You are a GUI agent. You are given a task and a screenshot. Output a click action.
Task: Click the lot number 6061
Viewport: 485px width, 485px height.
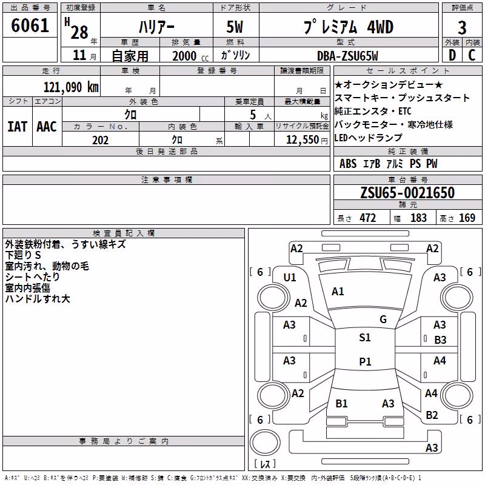[30, 25]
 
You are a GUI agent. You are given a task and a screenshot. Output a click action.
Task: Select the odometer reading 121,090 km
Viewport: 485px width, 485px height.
[71, 87]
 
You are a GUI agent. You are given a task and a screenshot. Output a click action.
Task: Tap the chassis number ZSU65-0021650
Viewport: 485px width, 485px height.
[407, 192]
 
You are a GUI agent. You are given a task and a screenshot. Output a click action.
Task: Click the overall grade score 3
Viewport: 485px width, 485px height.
[462, 28]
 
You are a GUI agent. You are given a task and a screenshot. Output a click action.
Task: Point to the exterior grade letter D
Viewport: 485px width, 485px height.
[452, 55]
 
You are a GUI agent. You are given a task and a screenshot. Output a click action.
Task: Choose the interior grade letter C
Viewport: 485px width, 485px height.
[472, 55]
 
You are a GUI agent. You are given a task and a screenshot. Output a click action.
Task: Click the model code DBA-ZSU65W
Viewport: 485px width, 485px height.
[347, 56]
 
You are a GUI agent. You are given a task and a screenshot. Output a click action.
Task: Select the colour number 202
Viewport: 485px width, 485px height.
[100, 140]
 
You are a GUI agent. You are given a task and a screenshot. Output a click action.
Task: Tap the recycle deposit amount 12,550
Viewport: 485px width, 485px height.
[303, 140]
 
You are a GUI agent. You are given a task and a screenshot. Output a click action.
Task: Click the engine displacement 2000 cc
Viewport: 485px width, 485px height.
[190, 56]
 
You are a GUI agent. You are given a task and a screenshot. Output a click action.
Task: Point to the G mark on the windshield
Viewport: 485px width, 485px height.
[383, 319]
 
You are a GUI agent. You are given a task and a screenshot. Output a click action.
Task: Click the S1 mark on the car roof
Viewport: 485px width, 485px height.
[365, 338]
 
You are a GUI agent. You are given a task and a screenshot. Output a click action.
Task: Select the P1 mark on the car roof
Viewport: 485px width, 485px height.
[365, 361]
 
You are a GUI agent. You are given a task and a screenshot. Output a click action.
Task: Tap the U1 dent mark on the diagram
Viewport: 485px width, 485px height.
[290, 278]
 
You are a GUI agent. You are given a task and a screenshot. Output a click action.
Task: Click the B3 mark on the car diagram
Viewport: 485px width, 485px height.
[441, 340]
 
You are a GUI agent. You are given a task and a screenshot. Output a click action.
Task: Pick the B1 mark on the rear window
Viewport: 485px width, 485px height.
[341, 403]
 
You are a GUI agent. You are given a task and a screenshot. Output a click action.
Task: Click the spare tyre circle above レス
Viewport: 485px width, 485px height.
[265, 443]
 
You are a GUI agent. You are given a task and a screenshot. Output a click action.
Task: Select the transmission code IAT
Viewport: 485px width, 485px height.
[17, 127]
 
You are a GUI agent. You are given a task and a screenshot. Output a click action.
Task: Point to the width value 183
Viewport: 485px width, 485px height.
[418, 218]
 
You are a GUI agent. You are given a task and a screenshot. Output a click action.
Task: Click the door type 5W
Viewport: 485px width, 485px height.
[235, 27]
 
